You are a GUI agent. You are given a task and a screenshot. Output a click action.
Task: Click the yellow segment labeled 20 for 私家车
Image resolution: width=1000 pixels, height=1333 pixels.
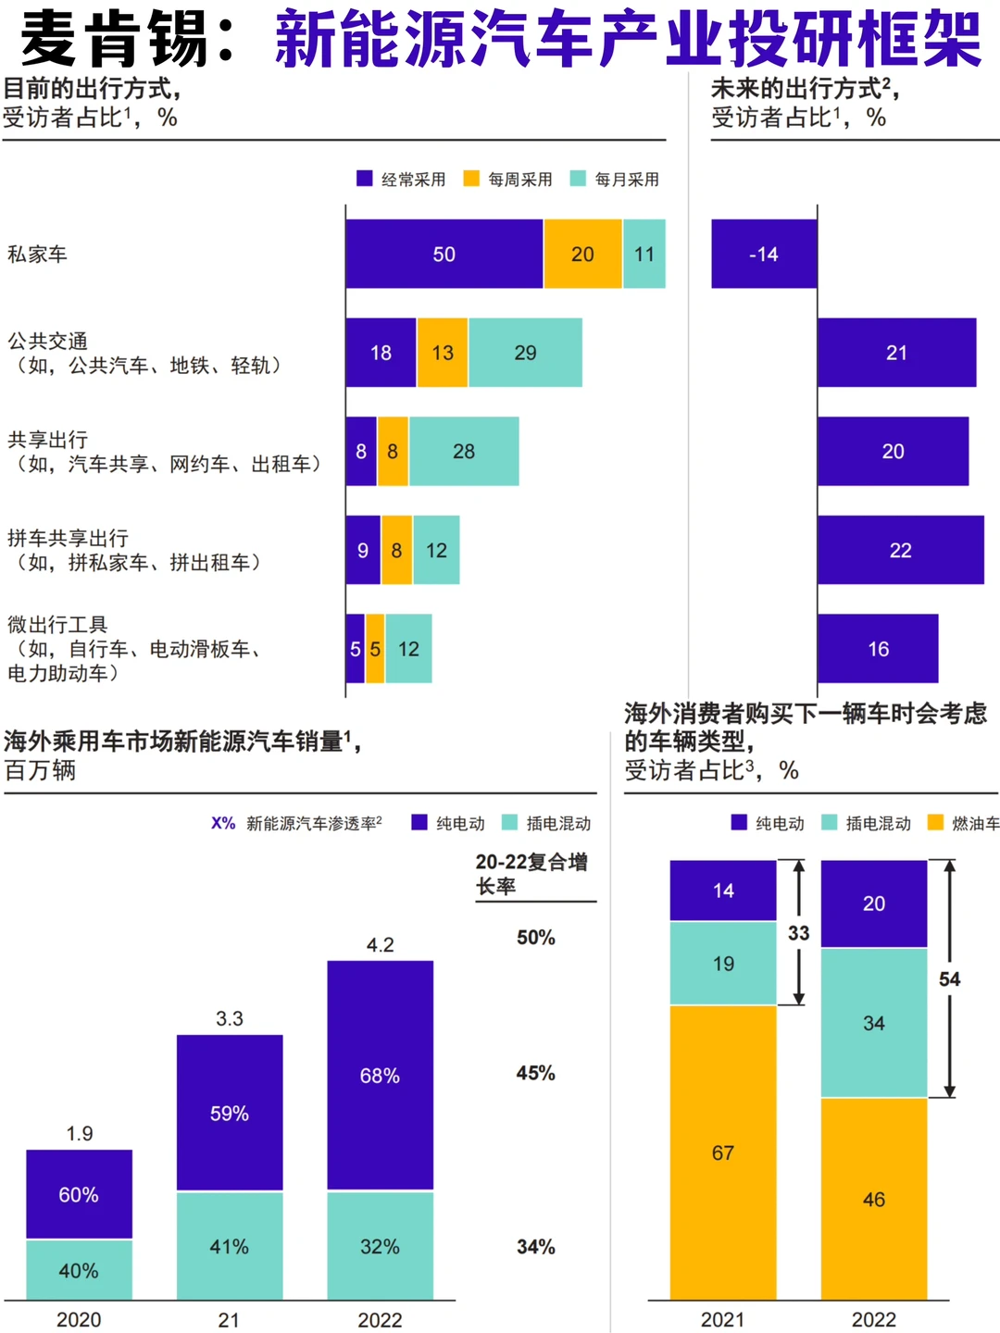pos(582,254)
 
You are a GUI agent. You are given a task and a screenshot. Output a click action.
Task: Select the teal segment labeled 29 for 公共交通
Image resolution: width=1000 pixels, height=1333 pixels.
pos(525,353)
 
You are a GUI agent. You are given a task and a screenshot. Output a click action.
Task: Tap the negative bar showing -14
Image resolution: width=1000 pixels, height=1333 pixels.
pos(764,254)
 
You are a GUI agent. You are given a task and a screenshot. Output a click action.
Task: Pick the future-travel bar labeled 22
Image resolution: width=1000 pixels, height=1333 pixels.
pos(900,550)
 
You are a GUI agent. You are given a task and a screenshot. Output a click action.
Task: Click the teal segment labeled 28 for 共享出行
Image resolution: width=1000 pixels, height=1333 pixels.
pos(464,451)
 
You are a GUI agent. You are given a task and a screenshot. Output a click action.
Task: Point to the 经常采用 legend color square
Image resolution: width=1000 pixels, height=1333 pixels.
pos(365,179)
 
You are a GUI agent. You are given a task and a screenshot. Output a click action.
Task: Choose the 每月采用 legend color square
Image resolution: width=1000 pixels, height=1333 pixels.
pos(578,179)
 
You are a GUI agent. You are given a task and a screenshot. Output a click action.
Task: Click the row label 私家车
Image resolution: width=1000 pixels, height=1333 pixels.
pos(37,254)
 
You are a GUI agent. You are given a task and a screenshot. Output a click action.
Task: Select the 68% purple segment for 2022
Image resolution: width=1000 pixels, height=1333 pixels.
pos(380,1076)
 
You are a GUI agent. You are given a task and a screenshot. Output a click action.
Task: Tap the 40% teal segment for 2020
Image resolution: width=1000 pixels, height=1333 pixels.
pos(79,1270)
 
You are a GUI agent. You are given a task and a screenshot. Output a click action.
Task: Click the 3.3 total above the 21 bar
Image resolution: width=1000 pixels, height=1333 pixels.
pos(230,1018)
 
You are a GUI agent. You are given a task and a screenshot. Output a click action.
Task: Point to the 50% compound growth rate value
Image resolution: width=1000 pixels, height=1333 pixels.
pos(536,938)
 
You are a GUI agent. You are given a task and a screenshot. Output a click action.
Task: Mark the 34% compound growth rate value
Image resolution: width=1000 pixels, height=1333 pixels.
pos(536,1247)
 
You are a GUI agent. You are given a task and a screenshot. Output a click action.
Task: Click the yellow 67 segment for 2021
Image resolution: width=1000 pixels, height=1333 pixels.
pos(723,1152)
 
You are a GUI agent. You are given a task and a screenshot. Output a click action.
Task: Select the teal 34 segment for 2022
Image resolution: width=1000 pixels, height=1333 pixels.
pos(874,1023)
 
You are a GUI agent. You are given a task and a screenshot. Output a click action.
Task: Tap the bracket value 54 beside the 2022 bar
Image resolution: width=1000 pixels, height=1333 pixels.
pos(950,979)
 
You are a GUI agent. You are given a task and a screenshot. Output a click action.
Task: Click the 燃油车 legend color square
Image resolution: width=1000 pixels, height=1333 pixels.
pos(935,822)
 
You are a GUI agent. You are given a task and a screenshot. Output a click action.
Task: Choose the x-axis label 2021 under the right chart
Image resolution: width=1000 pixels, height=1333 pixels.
pos(722,1319)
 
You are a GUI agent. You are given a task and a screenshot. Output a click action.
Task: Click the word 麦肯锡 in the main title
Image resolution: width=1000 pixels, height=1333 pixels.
pos(115,39)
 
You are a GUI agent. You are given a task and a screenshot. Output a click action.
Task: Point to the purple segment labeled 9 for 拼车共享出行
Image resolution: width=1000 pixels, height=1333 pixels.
pos(363,550)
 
